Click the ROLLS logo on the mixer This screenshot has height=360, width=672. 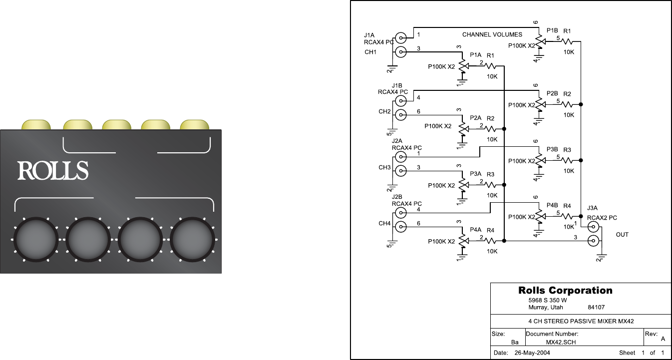tap(53, 170)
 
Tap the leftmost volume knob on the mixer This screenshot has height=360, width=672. tap(36, 240)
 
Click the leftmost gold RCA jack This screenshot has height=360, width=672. tap(36, 124)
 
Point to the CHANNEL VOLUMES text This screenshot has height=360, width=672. tap(492, 34)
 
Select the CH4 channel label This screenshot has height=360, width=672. tap(384, 223)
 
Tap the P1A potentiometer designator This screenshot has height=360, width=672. tap(476, 55)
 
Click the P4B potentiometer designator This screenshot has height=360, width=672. tap(552, 205)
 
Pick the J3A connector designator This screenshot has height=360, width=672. tap(593, 208)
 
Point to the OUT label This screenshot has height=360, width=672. tap(622, 234)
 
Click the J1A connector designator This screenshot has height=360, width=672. tap(369, 35)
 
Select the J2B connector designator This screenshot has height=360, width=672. tap(397, 197)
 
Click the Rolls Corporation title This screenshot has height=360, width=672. tap(565, 291)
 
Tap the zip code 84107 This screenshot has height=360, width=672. tap(597, 308)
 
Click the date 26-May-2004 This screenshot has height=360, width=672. tap(532, 353)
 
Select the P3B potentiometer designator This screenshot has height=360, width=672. tap(552, 149)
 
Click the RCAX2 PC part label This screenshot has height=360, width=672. tap(602, 218)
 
